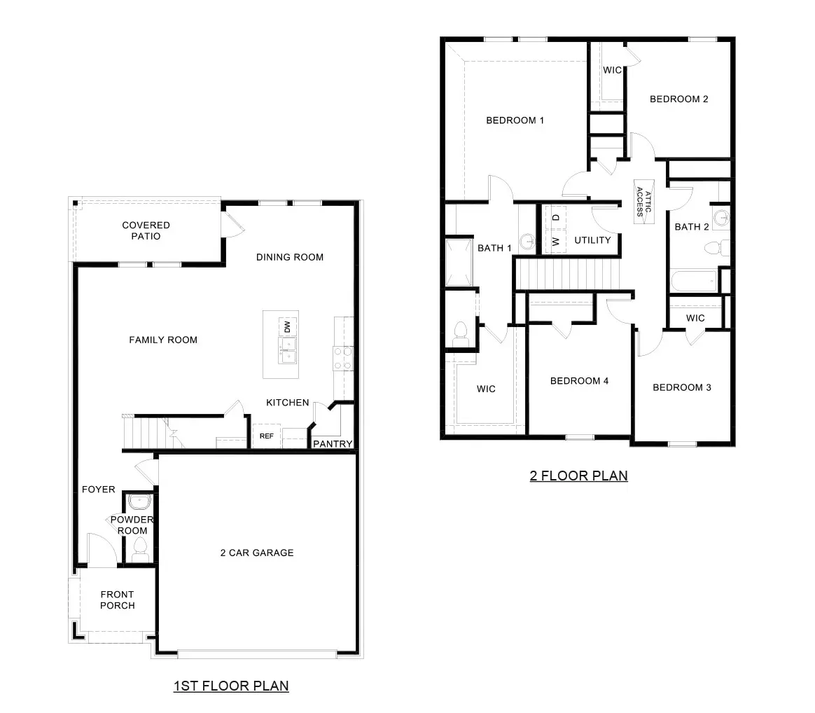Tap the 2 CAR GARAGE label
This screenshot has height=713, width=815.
(257, 553)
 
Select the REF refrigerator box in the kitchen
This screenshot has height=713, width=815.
(267, 436)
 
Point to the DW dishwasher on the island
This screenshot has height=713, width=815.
(287, 326)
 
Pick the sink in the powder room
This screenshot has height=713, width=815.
(140, 502)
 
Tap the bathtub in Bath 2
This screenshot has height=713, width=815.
(694, 283)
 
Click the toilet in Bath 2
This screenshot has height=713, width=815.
(713, 247)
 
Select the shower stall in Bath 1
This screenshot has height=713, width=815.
(458, 263)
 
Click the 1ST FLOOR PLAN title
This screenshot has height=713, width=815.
(231, 686)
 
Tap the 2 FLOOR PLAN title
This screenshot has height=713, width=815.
(578, 476)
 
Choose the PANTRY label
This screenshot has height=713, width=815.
(332, 444)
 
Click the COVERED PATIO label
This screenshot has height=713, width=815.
(146, 230)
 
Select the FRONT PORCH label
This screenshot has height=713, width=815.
(117, 600)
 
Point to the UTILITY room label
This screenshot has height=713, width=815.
(592, 240)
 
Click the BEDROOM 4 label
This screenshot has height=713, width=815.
(579, 381)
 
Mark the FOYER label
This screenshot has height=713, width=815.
(98, 490)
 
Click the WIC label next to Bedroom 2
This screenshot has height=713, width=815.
(613, 70)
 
